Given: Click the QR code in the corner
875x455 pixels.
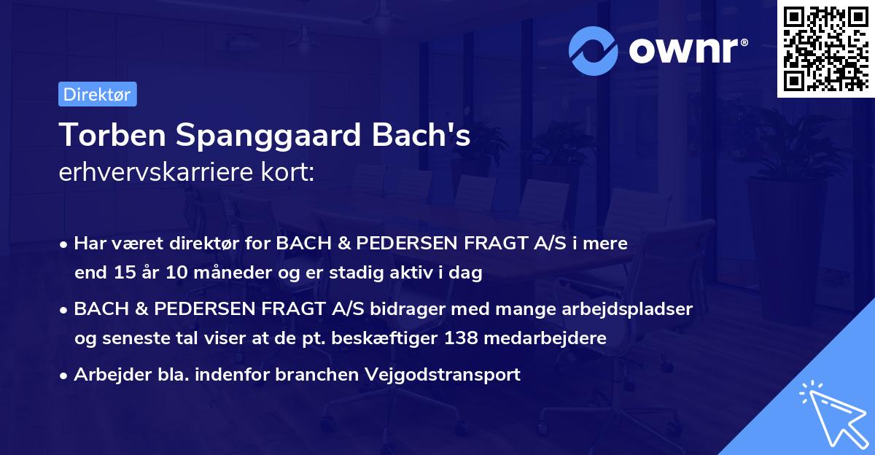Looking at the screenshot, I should [x=825, y=49].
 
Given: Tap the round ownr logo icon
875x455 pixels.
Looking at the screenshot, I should [x=593, y=50].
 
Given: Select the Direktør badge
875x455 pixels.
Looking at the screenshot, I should [x=97, y=95].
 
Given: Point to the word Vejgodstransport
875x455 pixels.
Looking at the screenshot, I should [x=451, y=375].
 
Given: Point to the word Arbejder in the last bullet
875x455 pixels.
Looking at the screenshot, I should [x=106, y=375].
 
